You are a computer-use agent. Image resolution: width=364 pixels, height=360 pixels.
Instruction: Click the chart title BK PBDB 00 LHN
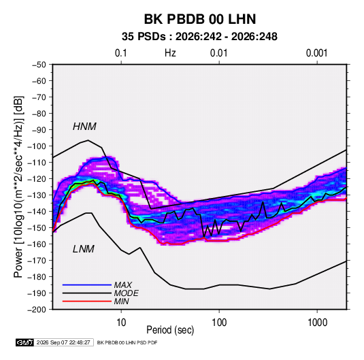point(200,19)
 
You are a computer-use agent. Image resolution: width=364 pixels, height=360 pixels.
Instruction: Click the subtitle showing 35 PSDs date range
point(199,37)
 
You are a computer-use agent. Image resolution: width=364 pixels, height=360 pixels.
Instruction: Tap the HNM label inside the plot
point(84,127)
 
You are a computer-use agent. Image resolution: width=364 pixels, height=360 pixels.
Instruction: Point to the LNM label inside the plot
point(84,249)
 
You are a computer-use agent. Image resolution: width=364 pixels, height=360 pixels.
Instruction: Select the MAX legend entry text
point(123,284)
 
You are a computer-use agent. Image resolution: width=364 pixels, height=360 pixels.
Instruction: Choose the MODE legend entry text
point(127,293)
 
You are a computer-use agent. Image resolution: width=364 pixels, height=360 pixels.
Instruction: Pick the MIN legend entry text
point(121,301)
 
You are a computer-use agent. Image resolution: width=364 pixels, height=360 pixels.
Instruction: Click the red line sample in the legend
point(87,301)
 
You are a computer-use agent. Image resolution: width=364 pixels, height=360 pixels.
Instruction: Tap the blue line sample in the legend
point(87,284)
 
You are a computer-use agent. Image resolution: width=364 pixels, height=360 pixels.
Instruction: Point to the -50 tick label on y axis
point(39,65)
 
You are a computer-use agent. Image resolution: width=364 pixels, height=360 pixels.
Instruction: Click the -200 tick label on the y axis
point(37,310)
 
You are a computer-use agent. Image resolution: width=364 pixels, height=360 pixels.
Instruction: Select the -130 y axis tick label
point(37,195)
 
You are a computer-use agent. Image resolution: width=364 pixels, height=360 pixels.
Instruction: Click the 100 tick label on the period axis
point(219,323)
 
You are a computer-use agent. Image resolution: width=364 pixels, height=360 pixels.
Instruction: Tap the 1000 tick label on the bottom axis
point(317,323)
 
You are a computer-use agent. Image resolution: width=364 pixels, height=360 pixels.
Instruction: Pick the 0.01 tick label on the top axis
point(219,53)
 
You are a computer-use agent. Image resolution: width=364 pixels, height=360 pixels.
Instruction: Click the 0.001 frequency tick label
point(317,53)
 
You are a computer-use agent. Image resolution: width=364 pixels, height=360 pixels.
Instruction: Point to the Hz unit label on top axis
point(170,53)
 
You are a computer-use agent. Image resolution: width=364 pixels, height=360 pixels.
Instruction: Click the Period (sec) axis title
point(170,330)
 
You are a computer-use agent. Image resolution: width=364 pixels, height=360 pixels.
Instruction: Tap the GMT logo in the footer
point(24,342)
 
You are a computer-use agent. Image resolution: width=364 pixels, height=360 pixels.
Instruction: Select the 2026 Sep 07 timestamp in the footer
point(63,342)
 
